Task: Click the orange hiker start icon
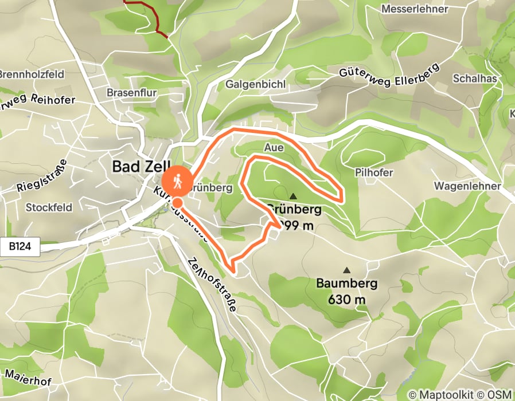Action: [177, 182]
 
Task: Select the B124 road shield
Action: [24, 247]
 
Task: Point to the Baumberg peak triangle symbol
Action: [346, 270]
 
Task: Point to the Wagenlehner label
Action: [467, 186]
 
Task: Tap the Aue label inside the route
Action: [274, 147]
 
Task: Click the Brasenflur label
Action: [132, 92]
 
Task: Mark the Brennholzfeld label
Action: [32, 74]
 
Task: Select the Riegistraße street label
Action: [42, 178]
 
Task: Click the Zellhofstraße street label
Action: [212, 284]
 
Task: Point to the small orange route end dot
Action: [178, 203]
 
